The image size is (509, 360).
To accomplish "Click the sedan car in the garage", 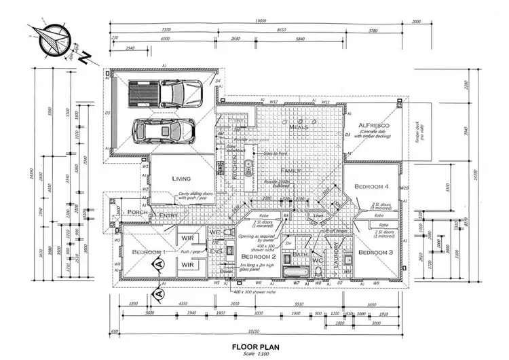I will coord(164,130).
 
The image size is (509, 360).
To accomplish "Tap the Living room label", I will coord(181,179).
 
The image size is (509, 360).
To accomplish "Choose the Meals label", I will coord(299,127).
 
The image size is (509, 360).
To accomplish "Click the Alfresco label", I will coord(373,126).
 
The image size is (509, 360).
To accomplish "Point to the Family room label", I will coord(290,170).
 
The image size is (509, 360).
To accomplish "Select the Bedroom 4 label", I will coord(371,186).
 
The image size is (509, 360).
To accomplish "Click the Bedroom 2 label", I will coord(258,257).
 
